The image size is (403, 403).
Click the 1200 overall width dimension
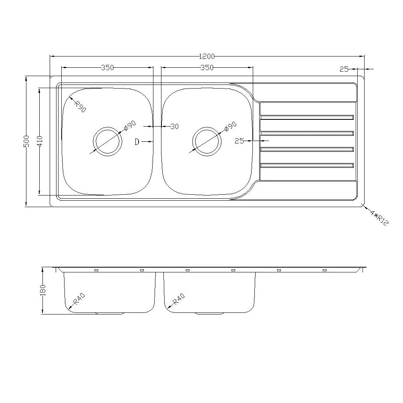(207, 56)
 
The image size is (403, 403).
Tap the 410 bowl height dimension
(39, 141)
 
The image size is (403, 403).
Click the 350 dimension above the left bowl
(107, 68)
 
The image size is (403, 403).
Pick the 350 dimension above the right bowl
(207, 68)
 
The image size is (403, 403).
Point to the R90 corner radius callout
(80, 107)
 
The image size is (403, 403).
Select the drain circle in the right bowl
(207, 142)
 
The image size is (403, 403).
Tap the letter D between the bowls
(137, 142)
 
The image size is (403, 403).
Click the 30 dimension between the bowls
(174, 127)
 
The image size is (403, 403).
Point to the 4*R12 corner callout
(379, 217)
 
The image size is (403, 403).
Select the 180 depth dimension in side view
(43, 290)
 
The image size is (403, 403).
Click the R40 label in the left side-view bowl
(79, 300)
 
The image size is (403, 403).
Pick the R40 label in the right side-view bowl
(178, 300)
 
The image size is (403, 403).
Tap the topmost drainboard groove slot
(307, 117)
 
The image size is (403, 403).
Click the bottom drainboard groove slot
(307, 165)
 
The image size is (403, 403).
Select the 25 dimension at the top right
(344, 69)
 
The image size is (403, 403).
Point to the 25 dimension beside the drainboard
(240, 141)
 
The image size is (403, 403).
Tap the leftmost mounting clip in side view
(96, 270)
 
